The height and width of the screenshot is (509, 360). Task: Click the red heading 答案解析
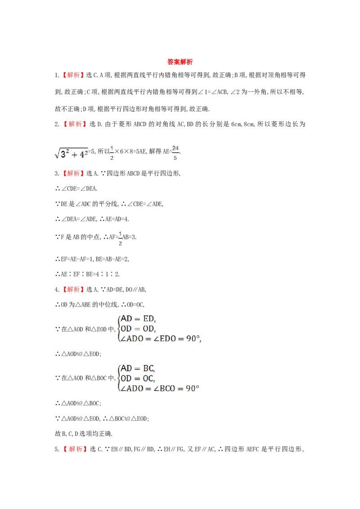coord(180,62)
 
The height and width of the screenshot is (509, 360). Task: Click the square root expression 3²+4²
coord(71,153)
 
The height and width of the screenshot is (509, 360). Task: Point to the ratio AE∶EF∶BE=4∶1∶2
coord(87,274)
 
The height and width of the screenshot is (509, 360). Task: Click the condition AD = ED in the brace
coord(138,319)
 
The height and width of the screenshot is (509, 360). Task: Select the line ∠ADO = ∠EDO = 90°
coord(161,339)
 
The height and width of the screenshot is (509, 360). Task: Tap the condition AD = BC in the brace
coord(138,368)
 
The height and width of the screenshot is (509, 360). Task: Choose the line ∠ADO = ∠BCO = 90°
coord(160,388)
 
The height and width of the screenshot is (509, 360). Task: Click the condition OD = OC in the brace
coord(138,379)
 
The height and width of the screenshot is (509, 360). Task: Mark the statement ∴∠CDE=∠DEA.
coord(76,188)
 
